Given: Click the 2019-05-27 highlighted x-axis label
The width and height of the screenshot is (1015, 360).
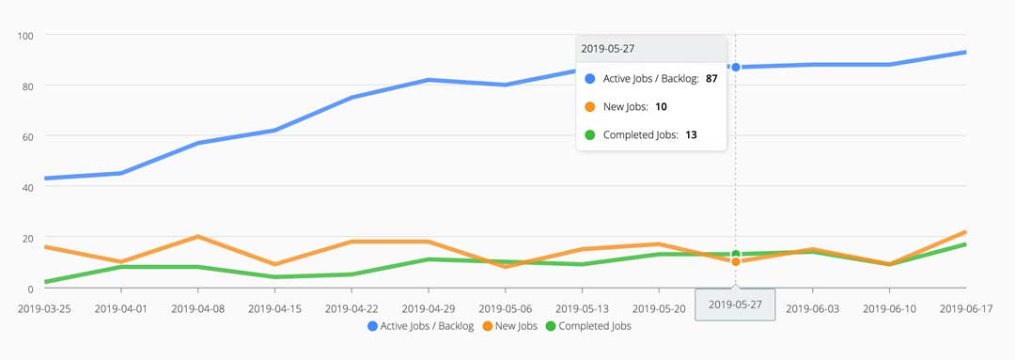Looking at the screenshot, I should click(x=735, y=305).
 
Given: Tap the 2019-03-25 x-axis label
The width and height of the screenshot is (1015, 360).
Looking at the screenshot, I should click(x=44, y=306).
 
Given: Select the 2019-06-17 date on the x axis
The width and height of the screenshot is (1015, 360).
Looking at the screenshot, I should click(x=965, y=306).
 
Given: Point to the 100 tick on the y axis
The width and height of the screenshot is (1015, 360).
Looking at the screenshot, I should click(x=25, y=36).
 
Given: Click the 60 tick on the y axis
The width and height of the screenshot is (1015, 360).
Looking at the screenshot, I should click(x=27, y=136).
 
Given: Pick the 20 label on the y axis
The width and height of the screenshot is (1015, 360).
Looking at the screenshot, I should click(x=27, y=238).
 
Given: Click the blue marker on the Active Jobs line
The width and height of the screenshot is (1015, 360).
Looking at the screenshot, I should click(x=736, y=67).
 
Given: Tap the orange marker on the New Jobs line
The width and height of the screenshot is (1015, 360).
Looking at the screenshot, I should click(x=736, y=261).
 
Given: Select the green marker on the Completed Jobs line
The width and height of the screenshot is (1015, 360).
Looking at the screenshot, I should click(x=736, y=254).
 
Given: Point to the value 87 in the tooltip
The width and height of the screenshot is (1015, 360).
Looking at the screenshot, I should click(x=711, y=79).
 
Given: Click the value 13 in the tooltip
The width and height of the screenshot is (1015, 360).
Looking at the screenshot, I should click(x=691, y=134).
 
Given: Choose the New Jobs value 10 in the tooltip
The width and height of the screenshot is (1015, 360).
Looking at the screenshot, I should click(x=661, y=107).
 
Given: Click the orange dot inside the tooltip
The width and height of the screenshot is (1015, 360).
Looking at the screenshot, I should click(x=589, y=107).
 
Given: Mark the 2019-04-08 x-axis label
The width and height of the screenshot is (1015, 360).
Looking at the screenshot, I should click(x=198, y=306).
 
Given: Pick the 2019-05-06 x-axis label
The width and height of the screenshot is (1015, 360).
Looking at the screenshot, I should click(x=506, y=306).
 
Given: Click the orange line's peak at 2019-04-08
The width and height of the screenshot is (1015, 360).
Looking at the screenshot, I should click(x=198, y=237).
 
